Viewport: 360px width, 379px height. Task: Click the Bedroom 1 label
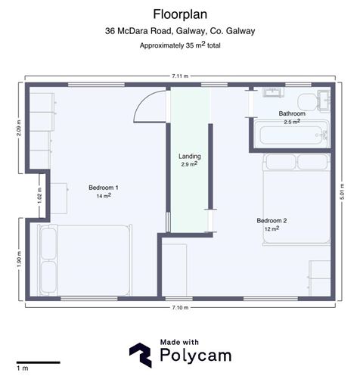(x=104, y=188)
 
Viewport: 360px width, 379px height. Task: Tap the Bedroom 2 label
(x=272, y=221)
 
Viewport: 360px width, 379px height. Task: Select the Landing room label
(x=190, y=157)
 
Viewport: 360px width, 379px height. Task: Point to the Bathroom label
(x=292, y=113)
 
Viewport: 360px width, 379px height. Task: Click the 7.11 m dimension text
(x=180, y=76)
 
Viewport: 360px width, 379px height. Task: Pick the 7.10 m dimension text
(x=180, y=308)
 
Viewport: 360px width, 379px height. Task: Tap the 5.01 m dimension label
(x=342, y=191)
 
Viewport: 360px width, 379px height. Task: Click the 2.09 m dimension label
(x=19, y=128)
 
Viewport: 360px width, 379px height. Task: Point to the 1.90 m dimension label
(x=20, y=259)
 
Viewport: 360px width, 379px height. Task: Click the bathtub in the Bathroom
(x=291, y=135)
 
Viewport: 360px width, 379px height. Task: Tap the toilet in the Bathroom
(x=308, y=102)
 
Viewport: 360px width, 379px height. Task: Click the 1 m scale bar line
(x=39, y=362)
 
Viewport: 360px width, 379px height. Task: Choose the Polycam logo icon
(x=141, y=355)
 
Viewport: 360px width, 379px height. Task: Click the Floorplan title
(x=180, y=14)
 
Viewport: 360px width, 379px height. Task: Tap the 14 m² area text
(x=104, y=196)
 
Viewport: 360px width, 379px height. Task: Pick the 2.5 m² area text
(x=292, y=122)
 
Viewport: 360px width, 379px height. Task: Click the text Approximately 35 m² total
(x=180, y=45)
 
